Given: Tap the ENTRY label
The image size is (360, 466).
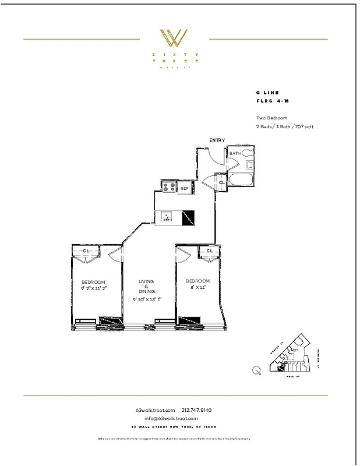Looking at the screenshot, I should coord(217,140).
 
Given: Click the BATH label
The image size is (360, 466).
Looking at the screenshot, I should coord(235,154).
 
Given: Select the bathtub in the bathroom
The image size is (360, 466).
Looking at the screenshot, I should coord(241,179).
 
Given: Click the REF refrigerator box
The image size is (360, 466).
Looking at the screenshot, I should coord(185,188).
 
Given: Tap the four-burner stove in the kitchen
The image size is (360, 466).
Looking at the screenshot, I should coord(169,187).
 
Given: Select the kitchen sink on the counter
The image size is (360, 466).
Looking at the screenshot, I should coord(167,217).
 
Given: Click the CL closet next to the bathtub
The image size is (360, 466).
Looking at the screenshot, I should coord(222,183).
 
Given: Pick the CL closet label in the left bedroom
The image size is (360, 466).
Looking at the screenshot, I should coord(86,251).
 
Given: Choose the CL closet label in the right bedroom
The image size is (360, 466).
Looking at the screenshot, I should coord(209,251).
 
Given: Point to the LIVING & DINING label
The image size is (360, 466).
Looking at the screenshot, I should coord(146,287).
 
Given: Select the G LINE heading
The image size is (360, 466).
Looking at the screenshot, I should coord(267,93).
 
